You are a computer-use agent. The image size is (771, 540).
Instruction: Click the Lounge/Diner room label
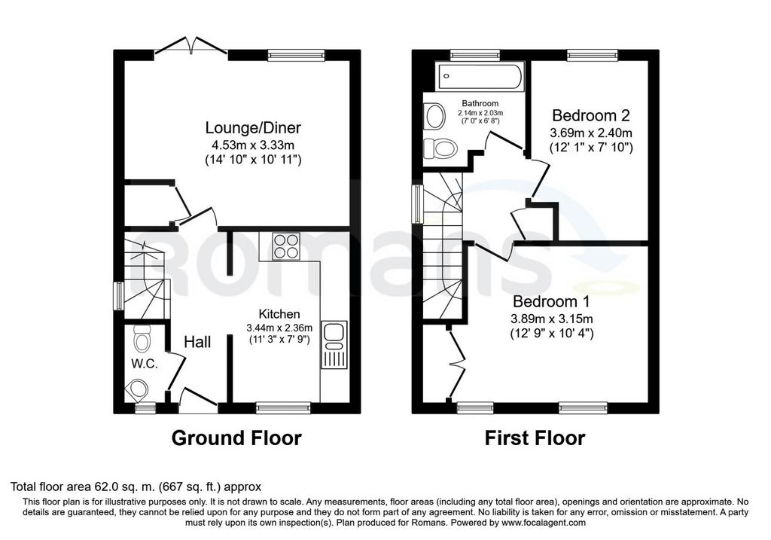click(253, 128)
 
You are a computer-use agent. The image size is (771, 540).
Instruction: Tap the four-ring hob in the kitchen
click(286, 246)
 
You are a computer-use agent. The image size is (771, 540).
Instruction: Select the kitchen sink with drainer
click(334, 345)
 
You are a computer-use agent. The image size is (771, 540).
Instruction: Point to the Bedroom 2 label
click(590, 115)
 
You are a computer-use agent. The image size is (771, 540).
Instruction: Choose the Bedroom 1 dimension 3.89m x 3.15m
click(552, 318)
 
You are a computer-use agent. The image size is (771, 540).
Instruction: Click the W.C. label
click(145, 364)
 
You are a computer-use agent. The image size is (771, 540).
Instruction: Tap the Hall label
click(198, 342)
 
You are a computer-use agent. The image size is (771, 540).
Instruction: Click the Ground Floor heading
click(236, 438)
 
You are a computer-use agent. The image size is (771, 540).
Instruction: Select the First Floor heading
click(535, 438)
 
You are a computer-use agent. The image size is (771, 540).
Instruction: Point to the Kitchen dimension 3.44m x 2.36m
click(279, 328)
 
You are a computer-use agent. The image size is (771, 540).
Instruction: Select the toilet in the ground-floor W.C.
click(142, 337)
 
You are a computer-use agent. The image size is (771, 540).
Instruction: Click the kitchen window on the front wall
click(283, 406)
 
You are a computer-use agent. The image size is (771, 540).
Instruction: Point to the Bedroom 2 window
click(592, 55)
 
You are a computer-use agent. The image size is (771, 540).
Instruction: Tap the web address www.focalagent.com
click(544, 523)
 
